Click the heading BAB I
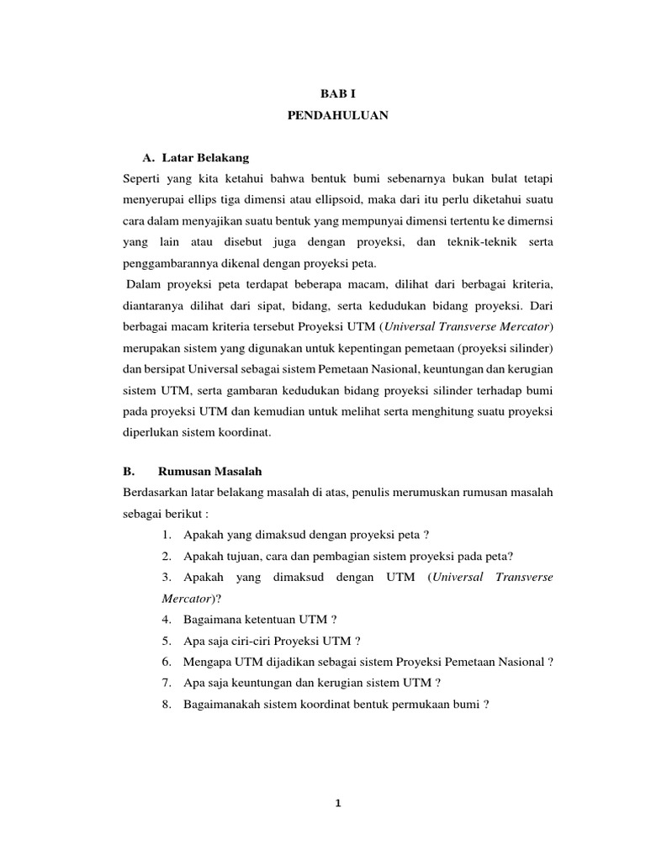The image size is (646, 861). (337, 95)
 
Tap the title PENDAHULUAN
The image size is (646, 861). (337, 117)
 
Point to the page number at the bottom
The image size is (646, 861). (337, 804)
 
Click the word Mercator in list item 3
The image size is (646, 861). (187, 599)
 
